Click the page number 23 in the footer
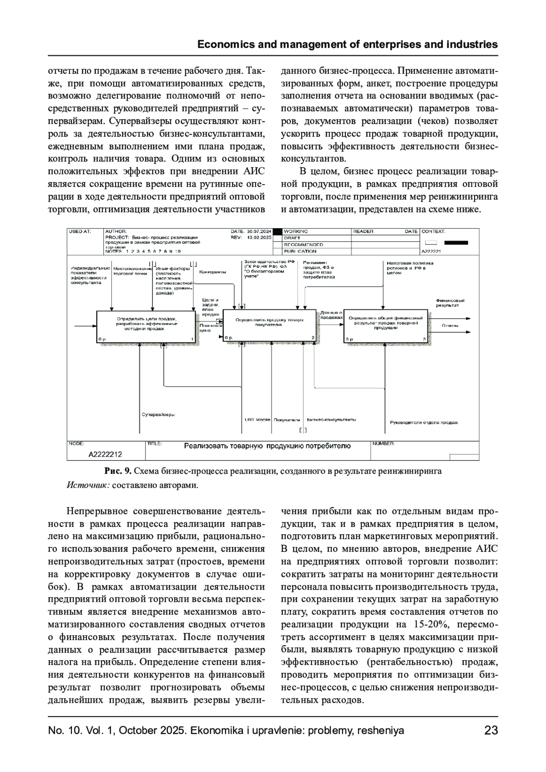click(491, 731)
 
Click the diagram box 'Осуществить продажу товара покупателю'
click(269, 326)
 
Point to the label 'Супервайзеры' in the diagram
click(158, 415)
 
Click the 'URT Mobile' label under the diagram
click(258, 420)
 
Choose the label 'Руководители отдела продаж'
click(424, 422)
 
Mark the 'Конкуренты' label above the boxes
click(212, 272)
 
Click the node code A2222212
click(105, 454)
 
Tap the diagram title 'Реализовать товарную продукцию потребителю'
click(267, 446)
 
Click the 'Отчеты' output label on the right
click(450, 326)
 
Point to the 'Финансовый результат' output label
click(450, 303)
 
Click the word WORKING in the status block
click(296, 231)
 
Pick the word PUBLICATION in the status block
click(300, 251)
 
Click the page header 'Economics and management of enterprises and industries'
click(348, 45)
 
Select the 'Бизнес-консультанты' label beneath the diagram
click(331, 420)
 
